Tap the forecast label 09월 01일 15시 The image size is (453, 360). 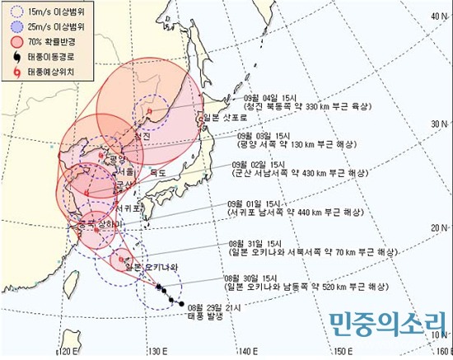(251, 202)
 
